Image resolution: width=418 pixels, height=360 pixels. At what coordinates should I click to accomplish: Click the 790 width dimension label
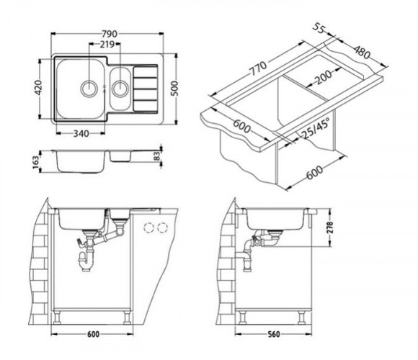[x=110, y=34]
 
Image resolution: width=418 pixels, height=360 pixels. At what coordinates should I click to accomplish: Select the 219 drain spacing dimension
[x=107, y=44]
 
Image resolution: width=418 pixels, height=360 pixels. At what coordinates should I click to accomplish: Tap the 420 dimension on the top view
[x=38, y=88]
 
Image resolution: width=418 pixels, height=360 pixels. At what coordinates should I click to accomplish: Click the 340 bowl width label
[x=81, y=133]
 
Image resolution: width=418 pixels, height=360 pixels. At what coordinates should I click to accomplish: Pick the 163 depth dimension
[x=35, y=162]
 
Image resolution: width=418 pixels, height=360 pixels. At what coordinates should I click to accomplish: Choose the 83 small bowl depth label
[x=157, y=156]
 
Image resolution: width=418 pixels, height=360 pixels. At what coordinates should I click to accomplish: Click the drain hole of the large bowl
[x=89, y=89]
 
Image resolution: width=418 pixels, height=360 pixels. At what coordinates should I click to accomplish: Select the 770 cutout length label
[x=257, y=68]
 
